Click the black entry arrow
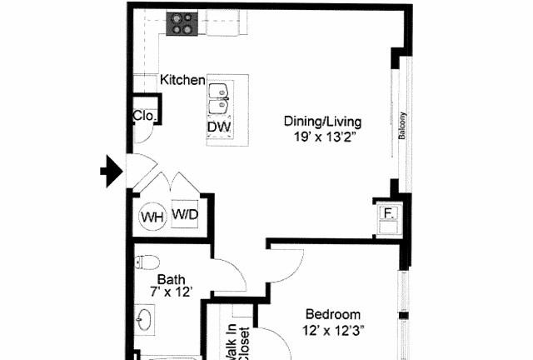112,171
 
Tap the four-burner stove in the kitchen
182,23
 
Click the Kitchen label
182,80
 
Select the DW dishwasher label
219,127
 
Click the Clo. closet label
145,116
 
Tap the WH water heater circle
152,217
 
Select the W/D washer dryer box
185,214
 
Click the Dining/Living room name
322,122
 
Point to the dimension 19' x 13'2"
325,137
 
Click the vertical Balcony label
402,126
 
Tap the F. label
389,213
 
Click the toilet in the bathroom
147,262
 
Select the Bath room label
172,280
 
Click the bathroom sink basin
144,319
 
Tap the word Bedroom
333,314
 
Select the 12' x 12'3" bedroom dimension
333,330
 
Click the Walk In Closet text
238,342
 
